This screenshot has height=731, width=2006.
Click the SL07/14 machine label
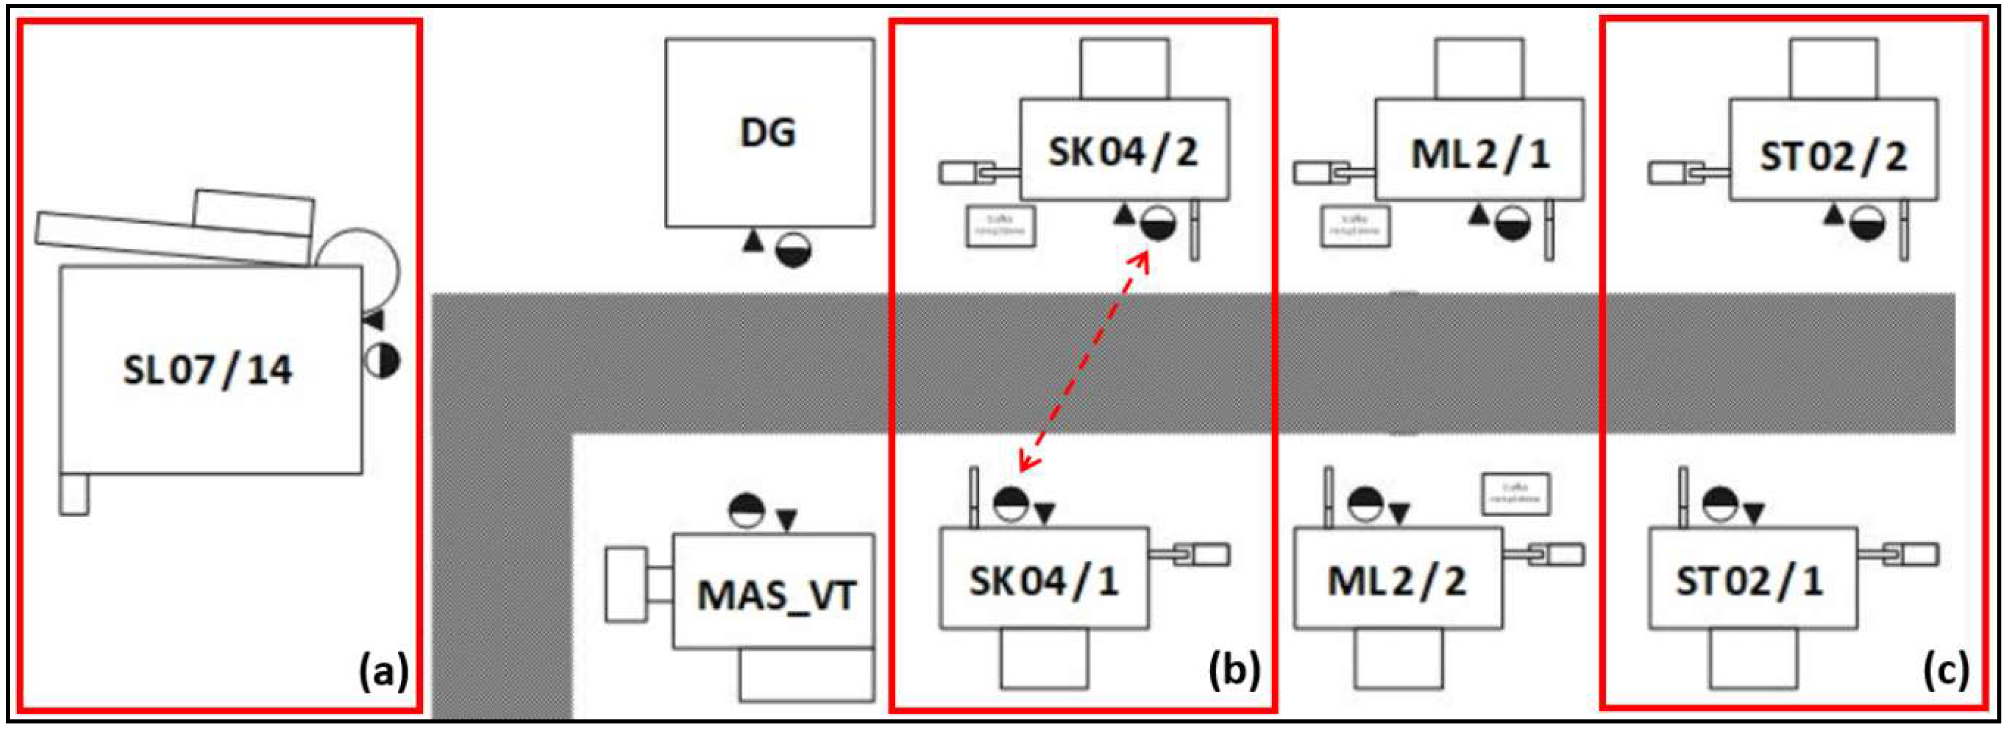click(207, 370)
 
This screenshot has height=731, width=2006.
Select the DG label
click(768, 133)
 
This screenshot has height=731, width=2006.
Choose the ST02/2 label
click(1833, 157)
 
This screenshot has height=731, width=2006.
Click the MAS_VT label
click(776, 596)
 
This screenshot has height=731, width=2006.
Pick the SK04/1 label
click(1044, 581)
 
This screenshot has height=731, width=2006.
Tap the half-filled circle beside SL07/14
click(383, 361)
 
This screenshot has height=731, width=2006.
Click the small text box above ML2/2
click(1515, 494)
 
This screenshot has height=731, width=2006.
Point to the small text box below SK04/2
click(1001, 226)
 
